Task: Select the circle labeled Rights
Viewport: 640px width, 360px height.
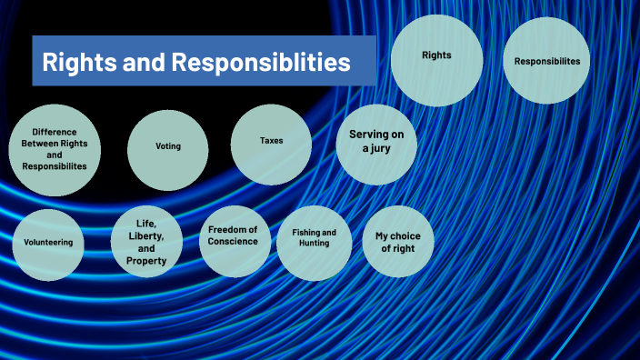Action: coord(436,55)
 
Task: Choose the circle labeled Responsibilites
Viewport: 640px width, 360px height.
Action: coord(546,61)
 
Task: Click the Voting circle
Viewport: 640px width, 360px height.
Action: coord(168,146)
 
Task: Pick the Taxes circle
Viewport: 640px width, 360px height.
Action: coord(271,142)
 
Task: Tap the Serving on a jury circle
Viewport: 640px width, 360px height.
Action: coord(376,142)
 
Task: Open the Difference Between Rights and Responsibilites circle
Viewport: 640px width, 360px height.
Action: coord(55,150)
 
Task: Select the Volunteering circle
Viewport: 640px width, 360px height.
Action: coord(49,243)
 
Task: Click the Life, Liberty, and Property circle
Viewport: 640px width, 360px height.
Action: coord(146,242)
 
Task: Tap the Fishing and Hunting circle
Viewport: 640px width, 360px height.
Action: coord(315,239)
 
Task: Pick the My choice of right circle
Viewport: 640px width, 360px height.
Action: coord(398,241)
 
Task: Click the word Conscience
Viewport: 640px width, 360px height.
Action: coord(233,242)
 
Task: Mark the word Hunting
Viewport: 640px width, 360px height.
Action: coord(315,244)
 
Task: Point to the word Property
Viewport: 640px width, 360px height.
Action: coord(146,261)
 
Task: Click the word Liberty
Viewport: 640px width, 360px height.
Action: coord(146,235)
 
